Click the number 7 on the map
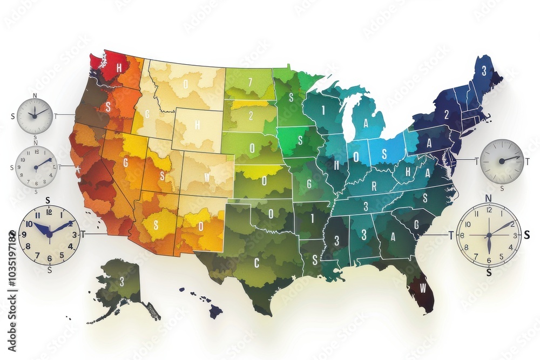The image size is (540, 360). click(x=250, y=83)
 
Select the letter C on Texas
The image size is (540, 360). click(x=257, y=263)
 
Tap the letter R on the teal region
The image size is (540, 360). click(x=373, y=187)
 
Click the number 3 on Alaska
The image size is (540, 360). click(x=122, y=281)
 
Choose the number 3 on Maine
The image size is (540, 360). click(x=484, y=70)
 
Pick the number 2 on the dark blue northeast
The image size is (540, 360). click(x=447, y=114)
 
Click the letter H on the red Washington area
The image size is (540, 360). click(x=119, y=69)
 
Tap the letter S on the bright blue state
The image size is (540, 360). click(x=384, y=153)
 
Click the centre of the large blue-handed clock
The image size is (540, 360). click(x=49, y=234)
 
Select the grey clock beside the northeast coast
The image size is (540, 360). click(x=502, y=161)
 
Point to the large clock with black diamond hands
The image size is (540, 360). click(x=489, y=234)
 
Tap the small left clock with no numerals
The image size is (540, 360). click(x=35, y=116)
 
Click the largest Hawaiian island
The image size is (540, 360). click(x=216, y=311)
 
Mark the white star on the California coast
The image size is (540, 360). click(x=79, y=169)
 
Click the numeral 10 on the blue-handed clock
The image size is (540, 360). click(x=29, y=223)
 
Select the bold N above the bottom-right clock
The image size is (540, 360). click(x=488, y=198)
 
